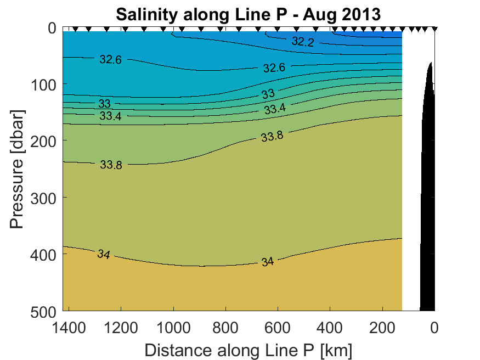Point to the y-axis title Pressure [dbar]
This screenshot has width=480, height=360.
[x=17, y=170]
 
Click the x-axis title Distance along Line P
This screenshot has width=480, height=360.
[x=249, y=350]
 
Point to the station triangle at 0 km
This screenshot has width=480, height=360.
[x=434, y=29]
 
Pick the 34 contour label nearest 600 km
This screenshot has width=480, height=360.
[x=267, y=262]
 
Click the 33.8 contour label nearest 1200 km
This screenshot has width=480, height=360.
[x=111, y=164]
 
